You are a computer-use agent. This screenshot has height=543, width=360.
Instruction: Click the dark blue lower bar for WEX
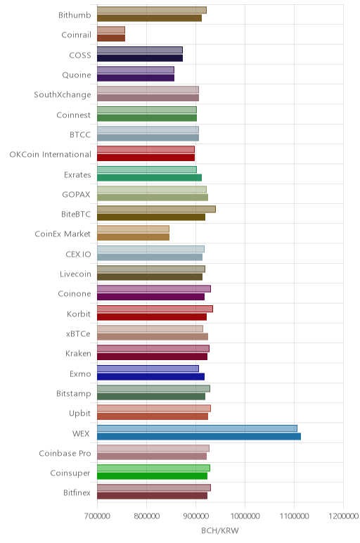(x=199, y=436)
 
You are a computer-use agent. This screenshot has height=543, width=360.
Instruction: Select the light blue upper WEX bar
(x=197, y=428)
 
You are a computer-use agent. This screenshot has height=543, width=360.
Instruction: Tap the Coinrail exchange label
(x=76, y=34)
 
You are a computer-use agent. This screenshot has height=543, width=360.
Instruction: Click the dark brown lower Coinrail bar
(x=111, y=38)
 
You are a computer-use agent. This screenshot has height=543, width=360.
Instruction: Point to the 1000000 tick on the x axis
(x=245, y=516)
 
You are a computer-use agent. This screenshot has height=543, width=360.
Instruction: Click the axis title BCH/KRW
(x=220, y=530)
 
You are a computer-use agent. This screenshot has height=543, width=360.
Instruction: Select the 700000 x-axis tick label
(x=97, y=516)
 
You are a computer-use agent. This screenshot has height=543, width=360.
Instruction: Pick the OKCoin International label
(x=50, y=155)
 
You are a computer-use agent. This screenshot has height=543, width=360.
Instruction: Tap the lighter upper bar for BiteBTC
(x=156, y=209)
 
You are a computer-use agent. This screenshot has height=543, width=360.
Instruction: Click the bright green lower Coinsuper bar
(x=152, y=476)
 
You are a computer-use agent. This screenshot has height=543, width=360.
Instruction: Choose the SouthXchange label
(x=63, y=95)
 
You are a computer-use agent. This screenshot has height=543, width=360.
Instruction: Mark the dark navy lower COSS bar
(x=140, y=58)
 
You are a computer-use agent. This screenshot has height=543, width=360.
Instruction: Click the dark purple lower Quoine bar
(x=136, y=78)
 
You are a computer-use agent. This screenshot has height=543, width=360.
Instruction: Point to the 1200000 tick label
(x=343, y=516)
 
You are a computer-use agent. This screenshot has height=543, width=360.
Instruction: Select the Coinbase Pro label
(x=65, y=453)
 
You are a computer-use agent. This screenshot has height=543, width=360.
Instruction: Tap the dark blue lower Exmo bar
(x=150, y=377)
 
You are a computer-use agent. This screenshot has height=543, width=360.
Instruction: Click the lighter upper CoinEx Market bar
(x=133, y=229)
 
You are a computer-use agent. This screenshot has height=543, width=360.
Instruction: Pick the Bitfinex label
(x=77, y=493)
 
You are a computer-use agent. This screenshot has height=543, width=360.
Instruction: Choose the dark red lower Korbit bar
(x=152, y=317)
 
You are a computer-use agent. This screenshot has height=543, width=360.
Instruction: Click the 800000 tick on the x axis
(x=146, y=516)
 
